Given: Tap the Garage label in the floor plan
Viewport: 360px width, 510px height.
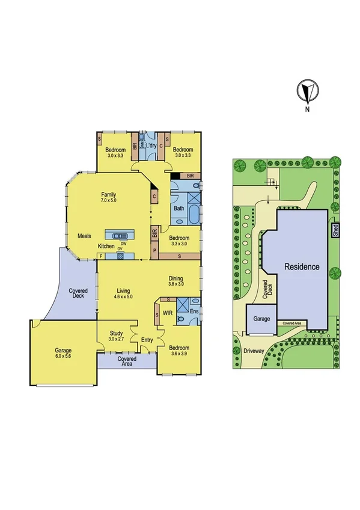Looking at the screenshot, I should coord(63,350).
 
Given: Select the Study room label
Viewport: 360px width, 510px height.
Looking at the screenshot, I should coord(116,333).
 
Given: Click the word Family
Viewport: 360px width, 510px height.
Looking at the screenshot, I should coord(108,194).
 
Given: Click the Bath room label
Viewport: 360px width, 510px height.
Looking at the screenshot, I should coord(179,209).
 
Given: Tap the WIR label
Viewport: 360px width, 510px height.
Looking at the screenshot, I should coord(168,313).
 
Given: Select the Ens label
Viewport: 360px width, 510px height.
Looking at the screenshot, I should coord(194,312).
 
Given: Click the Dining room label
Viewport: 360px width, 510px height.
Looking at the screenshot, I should coord(176,278).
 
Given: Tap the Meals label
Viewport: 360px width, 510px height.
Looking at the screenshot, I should coord(85,236).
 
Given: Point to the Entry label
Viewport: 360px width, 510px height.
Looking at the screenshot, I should coord(147,340).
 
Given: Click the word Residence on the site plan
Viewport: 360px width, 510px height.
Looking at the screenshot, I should coord(302,266).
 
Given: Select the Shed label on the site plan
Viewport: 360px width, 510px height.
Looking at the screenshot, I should coord(334,231).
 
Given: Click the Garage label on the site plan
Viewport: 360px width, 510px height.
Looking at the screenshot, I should coord(261,319).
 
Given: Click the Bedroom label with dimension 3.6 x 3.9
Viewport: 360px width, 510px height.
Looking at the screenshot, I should coord(178,348).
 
